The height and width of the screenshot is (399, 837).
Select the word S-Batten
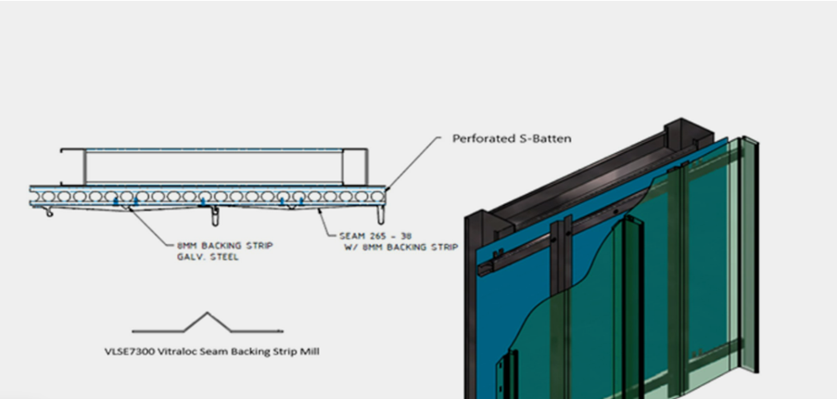coord(545,139)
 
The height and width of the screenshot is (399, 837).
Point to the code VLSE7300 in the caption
coord(135,352)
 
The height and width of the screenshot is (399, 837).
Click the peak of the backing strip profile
coord(206,314)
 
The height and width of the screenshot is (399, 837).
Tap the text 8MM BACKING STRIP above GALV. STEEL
coord(222,246)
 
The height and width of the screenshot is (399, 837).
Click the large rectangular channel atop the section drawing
coord(213,165)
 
